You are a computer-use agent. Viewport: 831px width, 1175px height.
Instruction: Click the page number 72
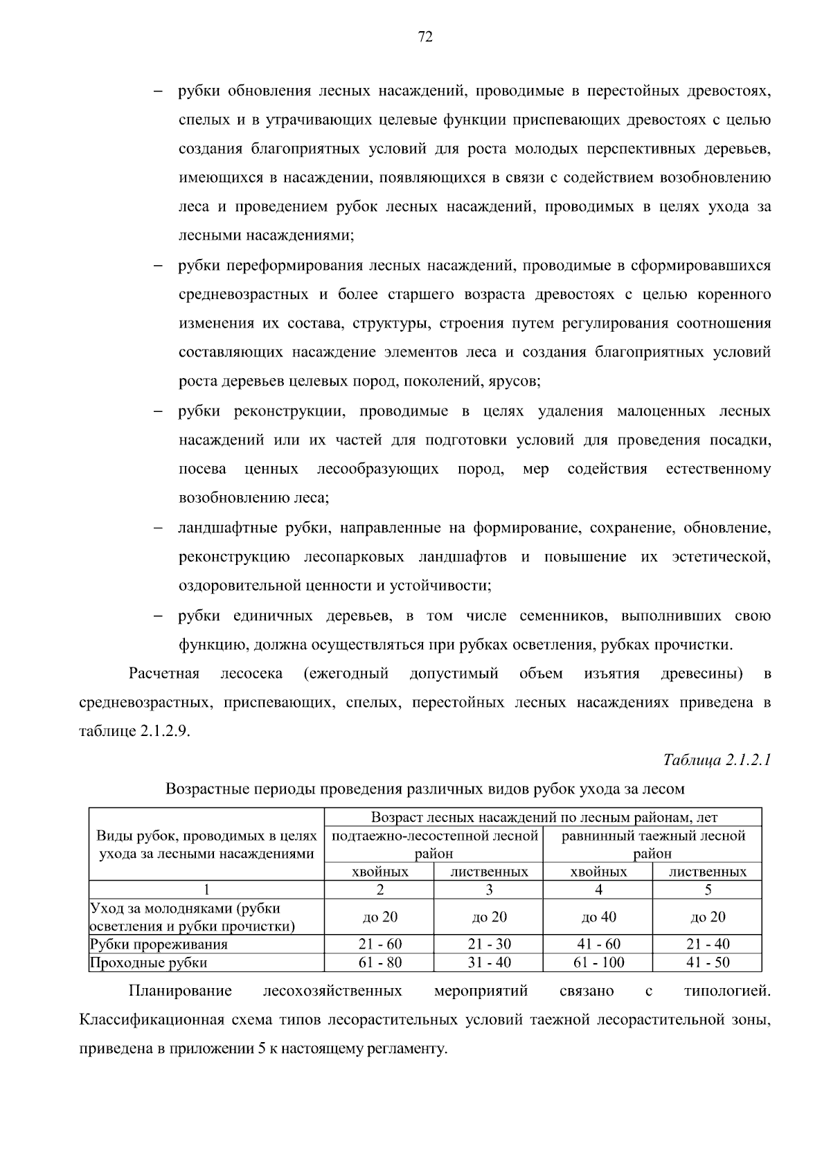coord(425,37)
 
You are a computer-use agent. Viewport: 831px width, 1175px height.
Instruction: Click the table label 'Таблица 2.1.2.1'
coord(716,760)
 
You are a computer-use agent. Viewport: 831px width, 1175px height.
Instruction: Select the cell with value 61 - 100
coord(598,962)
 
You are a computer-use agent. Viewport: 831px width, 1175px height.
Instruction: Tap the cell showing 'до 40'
coord(598,917)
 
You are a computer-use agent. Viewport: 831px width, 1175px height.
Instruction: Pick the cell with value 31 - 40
coord(489,962)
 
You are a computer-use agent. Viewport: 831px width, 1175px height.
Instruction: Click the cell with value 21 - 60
coord(380,944)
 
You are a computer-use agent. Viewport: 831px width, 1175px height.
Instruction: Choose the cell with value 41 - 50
coord(708,962)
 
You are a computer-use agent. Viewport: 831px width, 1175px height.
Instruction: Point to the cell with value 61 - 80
coord(380,962)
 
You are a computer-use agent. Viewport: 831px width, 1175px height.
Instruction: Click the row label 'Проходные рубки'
coord(149,962)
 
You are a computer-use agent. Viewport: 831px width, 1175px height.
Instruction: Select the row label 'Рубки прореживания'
coord(159,944)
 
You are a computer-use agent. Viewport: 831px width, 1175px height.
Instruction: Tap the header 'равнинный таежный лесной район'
coord(652,844)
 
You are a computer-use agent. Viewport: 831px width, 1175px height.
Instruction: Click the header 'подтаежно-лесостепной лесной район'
coord(434,844)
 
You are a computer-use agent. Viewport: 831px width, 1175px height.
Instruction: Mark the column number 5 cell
coord(708,890)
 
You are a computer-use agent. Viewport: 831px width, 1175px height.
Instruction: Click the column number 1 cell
coord(206,890)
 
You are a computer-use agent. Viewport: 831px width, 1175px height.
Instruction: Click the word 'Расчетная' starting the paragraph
coord(164,674)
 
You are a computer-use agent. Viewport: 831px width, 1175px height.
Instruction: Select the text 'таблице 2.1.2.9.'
coord(134,732)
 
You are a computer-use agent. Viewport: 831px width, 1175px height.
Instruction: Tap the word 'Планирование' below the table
coord(180,991)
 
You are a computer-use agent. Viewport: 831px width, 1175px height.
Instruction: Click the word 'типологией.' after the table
coord(726,991)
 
